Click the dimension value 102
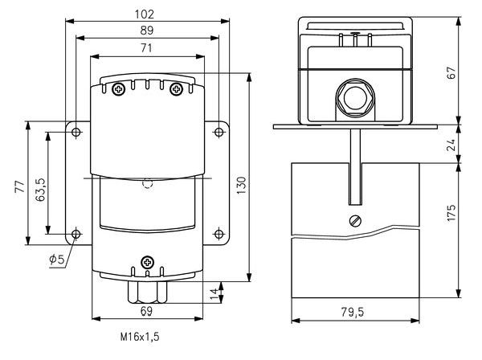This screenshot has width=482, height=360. pyautogui.click(x=145, y=14)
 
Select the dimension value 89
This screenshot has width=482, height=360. pyautogui.click(x=145, y=30)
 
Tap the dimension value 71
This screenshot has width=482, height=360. pyautogui.click(x=145, y=48)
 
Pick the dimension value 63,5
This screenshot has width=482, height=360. pyautogui.click(x=41, y=186)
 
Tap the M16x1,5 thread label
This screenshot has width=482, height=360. pyautogui.click(x=138, y=339)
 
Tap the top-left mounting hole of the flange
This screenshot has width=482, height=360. pyautogui.click(x=76, y=132)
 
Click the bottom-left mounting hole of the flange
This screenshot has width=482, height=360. pyautogui.click(x=76, y=235)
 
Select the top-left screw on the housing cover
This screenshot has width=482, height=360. pyautogui.click(x=118, y=88)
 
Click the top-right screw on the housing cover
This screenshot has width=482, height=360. pyautogui.click(x=176, y=88)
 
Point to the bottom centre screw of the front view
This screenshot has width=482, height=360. pyautogui.click(x=147, y=262)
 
